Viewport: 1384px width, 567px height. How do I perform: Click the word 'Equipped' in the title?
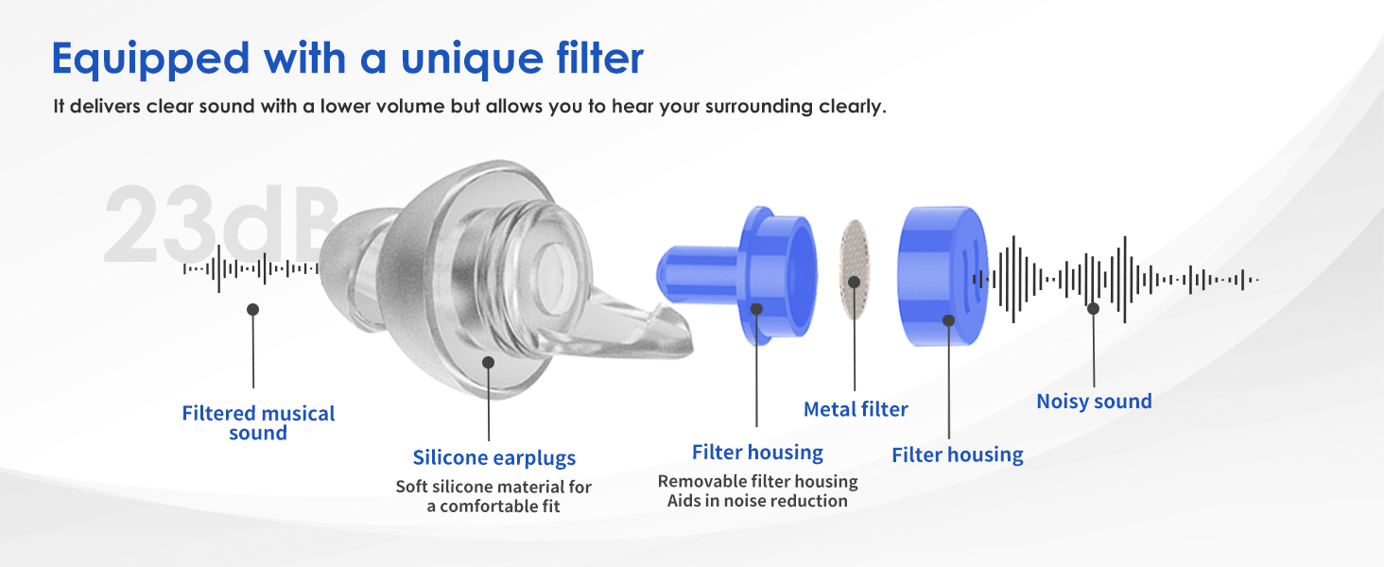click(150, 60)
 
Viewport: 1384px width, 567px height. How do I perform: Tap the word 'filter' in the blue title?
click(599, 58)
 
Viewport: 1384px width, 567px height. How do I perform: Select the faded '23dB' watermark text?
click(222, 224)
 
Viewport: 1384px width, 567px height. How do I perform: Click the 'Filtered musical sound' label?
click(258, 423)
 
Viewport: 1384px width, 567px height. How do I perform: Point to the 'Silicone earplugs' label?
click(494, 457)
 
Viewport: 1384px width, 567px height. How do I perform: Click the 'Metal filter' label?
click(856, 409)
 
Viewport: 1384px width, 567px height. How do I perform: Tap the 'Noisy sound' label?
click(1094, 402)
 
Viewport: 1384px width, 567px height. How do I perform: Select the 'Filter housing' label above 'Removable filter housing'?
click(757, 452)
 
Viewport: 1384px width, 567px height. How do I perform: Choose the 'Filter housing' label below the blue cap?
click(957, 455)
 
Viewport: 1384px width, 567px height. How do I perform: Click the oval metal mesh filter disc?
click(855, 269)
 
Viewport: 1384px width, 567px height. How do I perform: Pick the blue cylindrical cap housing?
click(943, 276)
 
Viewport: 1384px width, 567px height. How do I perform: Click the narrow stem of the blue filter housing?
click(699, 274)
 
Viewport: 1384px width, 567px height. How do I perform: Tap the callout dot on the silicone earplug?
click(488, 363)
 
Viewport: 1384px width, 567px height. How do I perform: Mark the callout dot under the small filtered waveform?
click(252, 309)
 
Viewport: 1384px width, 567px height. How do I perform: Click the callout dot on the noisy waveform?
click(1093, 308)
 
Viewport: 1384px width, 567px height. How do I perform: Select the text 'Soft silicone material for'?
click(493, 487)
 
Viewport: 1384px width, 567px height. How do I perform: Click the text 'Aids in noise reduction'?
click(757, 501)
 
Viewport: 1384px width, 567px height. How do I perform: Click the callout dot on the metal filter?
click(855, 283)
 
